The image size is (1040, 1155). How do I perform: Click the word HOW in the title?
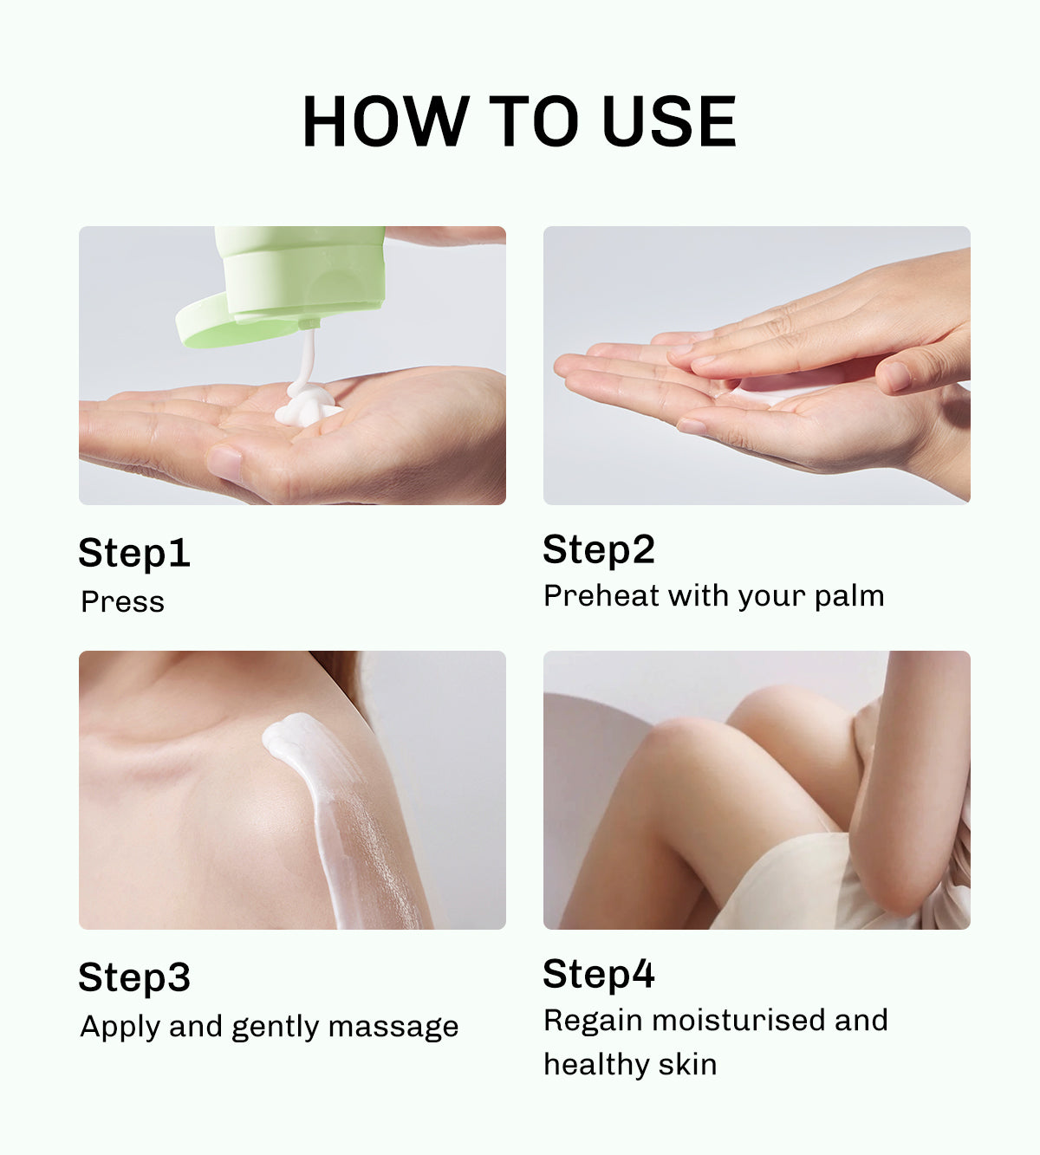coord(384,121)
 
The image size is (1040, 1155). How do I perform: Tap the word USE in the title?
coord(668,121)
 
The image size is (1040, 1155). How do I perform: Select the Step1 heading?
coord(134,554)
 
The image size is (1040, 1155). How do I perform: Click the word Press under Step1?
coord(122,601)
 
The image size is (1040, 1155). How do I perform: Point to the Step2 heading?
coord(599,550)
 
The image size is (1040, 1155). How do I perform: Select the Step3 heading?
coord(134,978)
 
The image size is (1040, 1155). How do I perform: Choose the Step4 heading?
coord(599,975)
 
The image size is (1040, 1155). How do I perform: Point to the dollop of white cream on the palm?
coord(308,406)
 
